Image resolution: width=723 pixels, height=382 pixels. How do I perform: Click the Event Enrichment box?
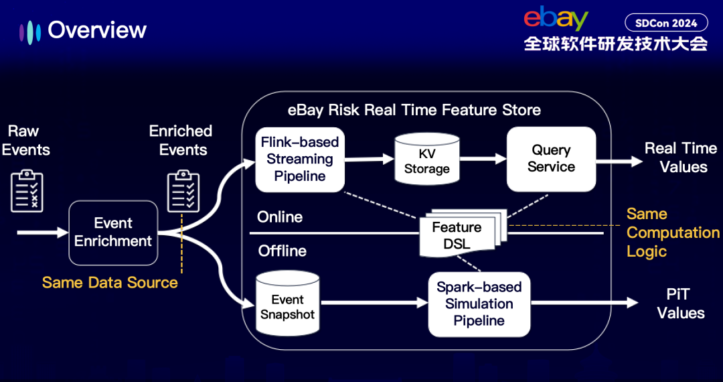click(x=113, y=233)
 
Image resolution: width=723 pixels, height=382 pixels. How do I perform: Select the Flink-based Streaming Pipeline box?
click(x=300, y=160)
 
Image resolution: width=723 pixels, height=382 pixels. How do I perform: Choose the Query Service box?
click(x=551, y=159)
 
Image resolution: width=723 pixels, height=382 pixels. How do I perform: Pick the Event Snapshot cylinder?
click(x=288, y=304)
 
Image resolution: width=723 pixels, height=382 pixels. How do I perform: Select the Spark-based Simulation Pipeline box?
click(x=479, y=304)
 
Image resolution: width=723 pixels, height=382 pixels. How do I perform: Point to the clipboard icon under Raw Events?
click(x=27, y=190)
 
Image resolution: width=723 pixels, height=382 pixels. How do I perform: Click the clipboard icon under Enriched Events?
click(x=183, y=190)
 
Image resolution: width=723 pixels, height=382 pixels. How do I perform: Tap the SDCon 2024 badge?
click(x=666, y=23)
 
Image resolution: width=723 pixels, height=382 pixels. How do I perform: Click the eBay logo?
click(x=556, y=19)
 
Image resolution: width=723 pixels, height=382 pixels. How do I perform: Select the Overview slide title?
click(x=97, y=30)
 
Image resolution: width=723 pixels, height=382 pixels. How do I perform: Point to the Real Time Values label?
click(x=680, y=157)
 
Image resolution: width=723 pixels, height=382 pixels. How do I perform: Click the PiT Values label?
click(x=680, y=304)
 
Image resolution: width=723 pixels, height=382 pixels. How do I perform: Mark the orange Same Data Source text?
click(x=110, y=283)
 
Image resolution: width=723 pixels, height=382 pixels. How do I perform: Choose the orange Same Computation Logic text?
click(x=672, y=233)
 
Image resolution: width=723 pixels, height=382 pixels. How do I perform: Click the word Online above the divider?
click(x=280, y=217)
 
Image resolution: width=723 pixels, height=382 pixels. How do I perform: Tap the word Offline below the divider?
click(x=283, y=251)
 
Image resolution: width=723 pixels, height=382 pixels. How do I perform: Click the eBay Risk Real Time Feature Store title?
click(x=414, y=110)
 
